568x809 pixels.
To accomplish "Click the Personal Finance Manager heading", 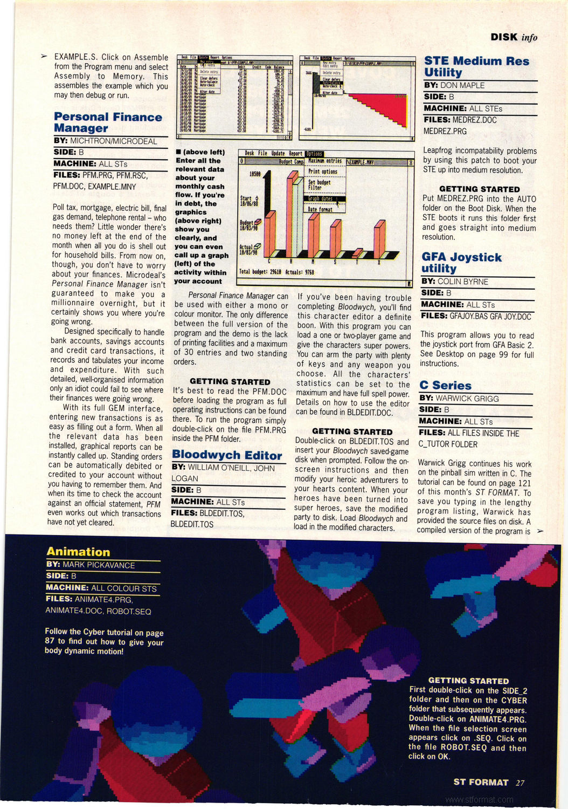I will point(107,122).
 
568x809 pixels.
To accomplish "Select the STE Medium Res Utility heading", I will point(476,66).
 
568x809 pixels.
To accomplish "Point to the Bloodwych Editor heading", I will point(226,455).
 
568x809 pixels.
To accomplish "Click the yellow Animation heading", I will point(78,551).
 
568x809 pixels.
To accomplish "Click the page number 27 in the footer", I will point(519,783).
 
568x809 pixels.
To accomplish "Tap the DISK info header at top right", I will point(513,37).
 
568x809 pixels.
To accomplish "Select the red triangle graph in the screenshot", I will point(377,108).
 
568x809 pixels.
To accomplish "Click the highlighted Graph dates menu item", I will point(322,198).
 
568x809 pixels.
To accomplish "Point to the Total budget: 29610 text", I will point(260,272).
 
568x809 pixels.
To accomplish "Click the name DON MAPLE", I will point(462,85).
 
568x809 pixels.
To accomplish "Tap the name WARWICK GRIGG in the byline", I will point(467,399).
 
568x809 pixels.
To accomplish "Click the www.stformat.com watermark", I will point(480,799).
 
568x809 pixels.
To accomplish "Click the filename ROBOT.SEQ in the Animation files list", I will point(129,611).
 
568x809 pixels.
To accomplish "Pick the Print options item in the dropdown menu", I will point(323,172).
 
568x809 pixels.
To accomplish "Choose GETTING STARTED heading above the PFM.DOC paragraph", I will point(230,381).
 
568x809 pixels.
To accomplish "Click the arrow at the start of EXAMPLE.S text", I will point(44,56).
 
